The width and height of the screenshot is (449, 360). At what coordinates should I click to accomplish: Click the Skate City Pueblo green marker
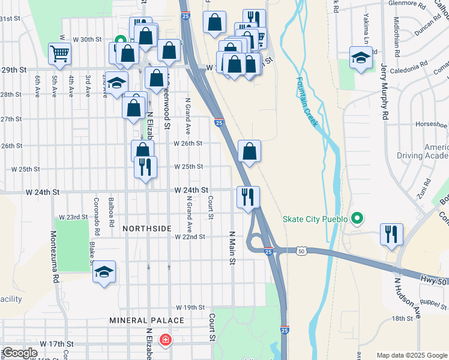357,218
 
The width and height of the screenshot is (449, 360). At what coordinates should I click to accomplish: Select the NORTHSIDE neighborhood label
147,229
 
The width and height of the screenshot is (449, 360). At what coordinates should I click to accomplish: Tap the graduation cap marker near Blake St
104,272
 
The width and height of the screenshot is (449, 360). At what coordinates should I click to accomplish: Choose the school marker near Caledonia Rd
361,58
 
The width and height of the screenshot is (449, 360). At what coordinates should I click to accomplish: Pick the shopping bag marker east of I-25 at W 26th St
249,151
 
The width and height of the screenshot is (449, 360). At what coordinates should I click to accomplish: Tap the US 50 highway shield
301,250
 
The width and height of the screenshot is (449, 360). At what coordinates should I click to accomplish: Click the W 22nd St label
190,237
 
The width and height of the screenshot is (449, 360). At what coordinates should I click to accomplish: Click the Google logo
20,353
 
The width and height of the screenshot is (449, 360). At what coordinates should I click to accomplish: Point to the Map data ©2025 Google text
411,356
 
